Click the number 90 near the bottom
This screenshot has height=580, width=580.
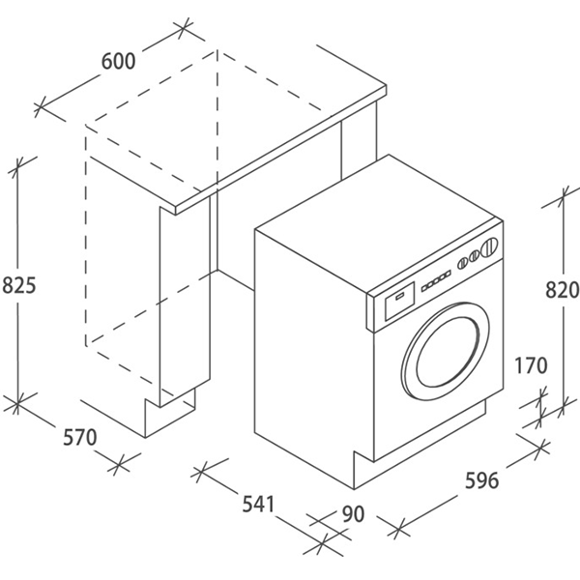point(353,514)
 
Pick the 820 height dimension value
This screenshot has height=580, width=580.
point(562,289)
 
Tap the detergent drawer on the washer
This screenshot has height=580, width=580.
point(397,301)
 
